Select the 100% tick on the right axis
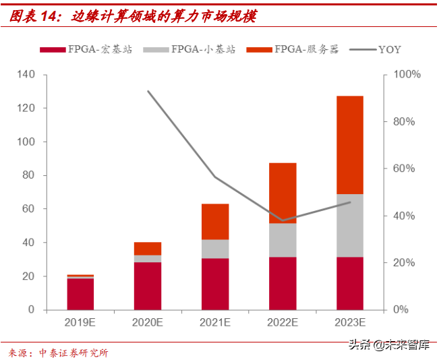click(407, 74)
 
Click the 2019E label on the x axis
click(80, 322)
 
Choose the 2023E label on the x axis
click(349, 322)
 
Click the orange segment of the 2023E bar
click(349, 145)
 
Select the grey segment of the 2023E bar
click(349, 225)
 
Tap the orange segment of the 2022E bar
click(283, 193)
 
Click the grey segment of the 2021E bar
click(215, 249)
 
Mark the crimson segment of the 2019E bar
click(80, 294)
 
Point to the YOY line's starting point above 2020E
click(148, 91)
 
